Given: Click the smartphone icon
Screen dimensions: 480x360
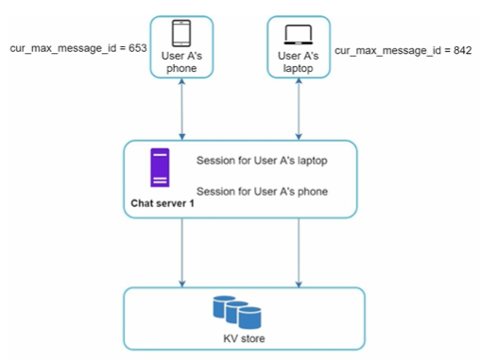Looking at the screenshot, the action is pyautogui.click(x=181, y=33).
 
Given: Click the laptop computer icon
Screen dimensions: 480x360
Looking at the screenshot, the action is pyautogui.click(x=299, y=34).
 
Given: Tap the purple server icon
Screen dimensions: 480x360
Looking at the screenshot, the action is pyautogui.click(x=160, y=167).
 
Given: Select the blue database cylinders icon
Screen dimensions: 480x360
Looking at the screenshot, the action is pyautogui.click(x=237, y=312).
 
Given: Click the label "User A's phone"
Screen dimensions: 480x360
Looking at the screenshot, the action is pyautogui.click(x=181, y=62).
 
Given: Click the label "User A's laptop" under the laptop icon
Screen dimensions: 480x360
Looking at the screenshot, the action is pyautogui.click(x=299, y=62).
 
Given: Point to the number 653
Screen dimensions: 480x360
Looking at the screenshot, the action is pyautogui.click(x=138, y=48).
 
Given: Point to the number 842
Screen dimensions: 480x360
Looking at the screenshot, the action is pyautogui.click(x=462, y=50).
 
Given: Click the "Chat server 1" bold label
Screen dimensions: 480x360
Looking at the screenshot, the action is pyautogui.click(x=163, y=203).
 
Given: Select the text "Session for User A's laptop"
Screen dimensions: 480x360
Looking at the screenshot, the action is pyautogui.click(x=262, y=161).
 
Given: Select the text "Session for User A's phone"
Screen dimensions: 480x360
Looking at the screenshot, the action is pyautogui.click(x=262, y=192).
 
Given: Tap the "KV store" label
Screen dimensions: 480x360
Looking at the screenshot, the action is pyautogui.click(x=244, y=338).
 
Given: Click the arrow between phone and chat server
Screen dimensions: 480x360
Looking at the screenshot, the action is pyautogui.click(x=181, y=109).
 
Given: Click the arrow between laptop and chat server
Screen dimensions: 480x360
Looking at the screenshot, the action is pyautogui.click(x=299, y=109).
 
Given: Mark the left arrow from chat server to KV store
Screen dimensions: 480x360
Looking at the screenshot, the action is pyautogui.click(x=182, y=252).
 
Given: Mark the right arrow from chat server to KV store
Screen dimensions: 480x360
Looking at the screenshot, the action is pyautogui.click(x=299, y=252).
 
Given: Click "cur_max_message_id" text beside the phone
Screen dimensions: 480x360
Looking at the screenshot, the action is pyautogui.click(x=63, y=48).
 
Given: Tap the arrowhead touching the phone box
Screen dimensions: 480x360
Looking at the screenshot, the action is pyautogui.click(x=181, y=81).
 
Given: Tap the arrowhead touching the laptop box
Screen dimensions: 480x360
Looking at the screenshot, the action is pyautogui.click(x=299, y=81).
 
